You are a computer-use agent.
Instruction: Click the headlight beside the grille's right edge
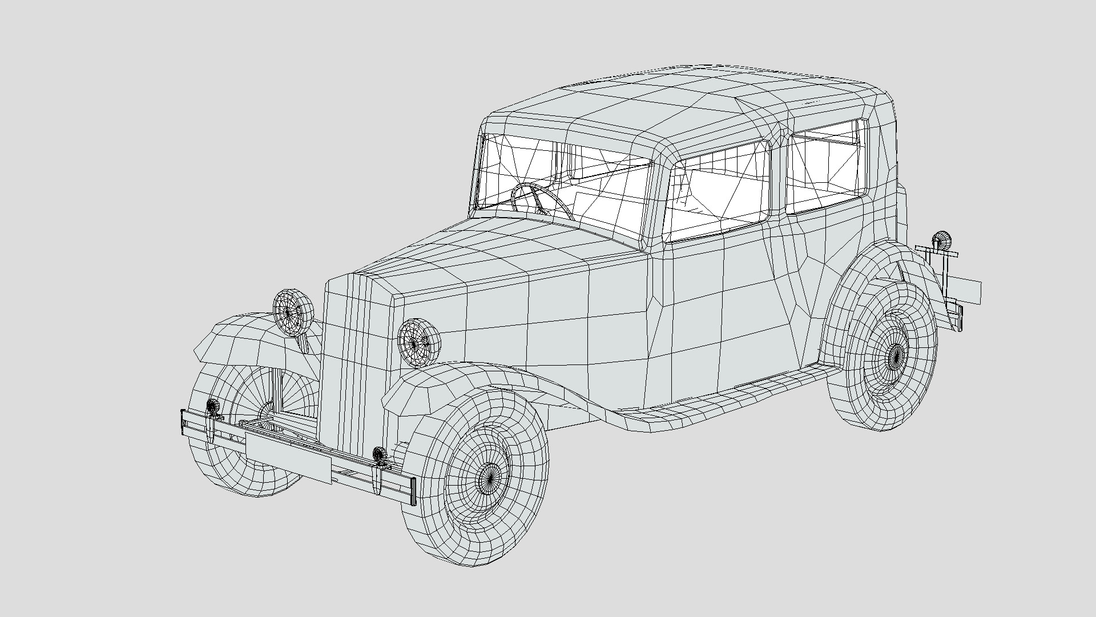(419, 343)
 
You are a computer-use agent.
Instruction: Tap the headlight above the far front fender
(293, 311)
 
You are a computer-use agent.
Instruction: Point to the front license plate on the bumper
(288, 455)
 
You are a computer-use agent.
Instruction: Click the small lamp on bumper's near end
(379, 455)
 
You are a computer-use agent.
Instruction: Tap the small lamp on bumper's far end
(212, 406)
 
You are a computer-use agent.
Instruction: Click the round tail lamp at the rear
(941, 241)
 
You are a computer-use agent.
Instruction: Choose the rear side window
(825, 166)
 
